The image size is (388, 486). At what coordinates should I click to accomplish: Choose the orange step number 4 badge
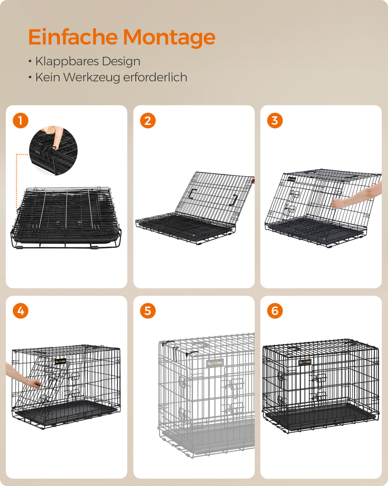click(21, 311)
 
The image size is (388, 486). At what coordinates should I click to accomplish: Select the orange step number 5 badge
click(148, 311)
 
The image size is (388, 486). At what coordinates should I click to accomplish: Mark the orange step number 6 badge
click(275, 311)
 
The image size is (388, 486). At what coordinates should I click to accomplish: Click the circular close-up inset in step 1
click(53, 151)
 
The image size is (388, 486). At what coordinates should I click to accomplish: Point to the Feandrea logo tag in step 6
click(305, 362)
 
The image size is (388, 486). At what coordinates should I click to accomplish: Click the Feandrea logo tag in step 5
click(215, 363)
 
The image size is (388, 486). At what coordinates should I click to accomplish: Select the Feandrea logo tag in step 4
click(60, 361)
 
